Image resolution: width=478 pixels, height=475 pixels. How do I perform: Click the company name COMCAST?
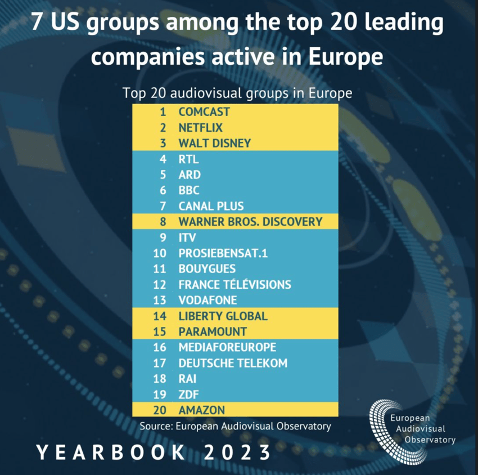(204, 112)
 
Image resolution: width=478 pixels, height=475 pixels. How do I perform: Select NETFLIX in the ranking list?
(200, 128)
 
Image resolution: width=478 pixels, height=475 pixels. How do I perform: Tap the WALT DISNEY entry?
(214, 144)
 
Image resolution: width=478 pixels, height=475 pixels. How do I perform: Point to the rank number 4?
(163, 159)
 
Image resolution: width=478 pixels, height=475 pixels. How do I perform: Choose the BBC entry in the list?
(189, 190)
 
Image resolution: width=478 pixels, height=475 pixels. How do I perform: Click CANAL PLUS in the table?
(211, 206)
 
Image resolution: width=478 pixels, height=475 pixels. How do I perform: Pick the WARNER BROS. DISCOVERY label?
(250, 222)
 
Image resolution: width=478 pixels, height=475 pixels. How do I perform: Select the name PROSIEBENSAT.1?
(223, 253)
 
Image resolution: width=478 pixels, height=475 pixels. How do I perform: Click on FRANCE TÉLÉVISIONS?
(235, 284)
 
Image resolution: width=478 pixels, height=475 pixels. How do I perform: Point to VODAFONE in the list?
(208, 300)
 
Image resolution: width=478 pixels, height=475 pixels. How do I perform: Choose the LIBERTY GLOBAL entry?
(223, 316)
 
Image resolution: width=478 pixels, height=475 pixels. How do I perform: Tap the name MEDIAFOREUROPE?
(227, 347)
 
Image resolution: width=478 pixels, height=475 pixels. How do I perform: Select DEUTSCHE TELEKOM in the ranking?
(233, 363)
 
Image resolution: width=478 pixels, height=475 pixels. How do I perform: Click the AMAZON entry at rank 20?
(201, 410)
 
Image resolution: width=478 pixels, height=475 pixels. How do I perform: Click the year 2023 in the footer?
(236, 451)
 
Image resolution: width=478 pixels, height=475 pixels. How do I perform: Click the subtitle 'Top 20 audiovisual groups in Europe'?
(237, 93)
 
